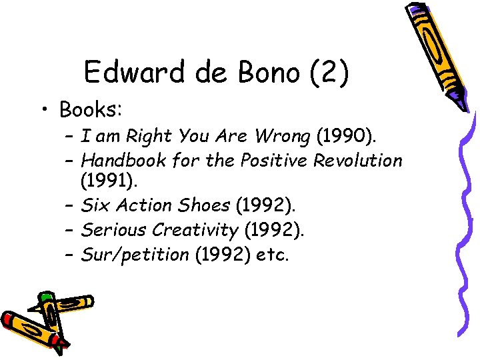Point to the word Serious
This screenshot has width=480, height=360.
coord(113,230)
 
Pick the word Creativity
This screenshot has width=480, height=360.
coord(195,230)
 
